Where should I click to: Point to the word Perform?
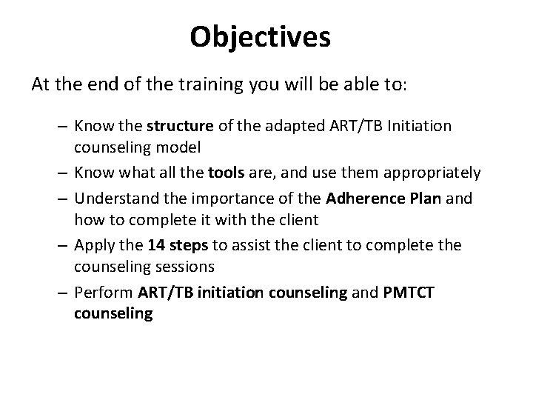click(100, 293)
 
